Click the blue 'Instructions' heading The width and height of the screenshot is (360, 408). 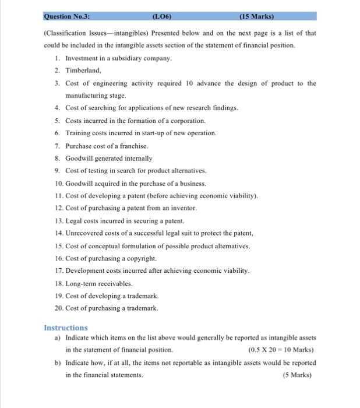click(66, 328)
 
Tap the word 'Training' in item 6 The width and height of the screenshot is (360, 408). click(78, 133)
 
